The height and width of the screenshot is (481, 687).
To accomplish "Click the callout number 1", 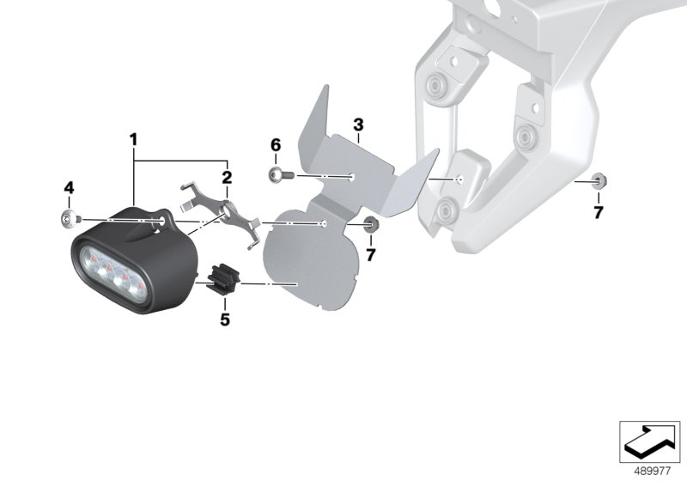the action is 133,140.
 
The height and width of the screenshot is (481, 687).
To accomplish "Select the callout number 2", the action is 227,178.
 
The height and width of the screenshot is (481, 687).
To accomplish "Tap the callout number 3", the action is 358,125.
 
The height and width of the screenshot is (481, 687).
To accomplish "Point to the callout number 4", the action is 69,188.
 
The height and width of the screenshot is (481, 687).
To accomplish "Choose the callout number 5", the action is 225,320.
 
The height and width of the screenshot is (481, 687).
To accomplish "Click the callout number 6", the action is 276,145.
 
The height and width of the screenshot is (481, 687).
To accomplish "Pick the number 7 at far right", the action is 598,212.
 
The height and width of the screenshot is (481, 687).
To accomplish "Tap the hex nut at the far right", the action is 598,180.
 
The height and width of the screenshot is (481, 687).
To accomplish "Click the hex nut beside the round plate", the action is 371,225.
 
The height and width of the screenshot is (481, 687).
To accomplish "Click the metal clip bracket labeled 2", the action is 219,211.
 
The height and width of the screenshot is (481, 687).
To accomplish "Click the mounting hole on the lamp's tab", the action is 162,222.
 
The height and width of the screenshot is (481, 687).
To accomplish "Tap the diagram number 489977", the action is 653,472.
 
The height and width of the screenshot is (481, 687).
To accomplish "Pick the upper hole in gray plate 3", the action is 353,177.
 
